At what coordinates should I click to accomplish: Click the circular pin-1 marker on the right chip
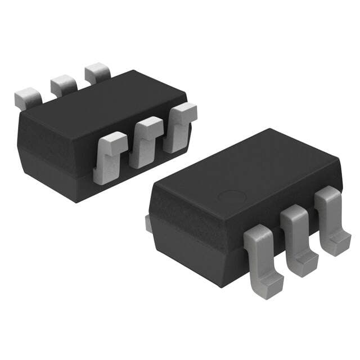click(x=231, y=197)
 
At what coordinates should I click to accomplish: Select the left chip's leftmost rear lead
click(x=28, y=99)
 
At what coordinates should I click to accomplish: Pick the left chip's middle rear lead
click(x=64, y=85)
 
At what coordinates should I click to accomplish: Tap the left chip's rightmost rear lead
click(x=98, y=73)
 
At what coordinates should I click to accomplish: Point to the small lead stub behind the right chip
click(x=148, y=223)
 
